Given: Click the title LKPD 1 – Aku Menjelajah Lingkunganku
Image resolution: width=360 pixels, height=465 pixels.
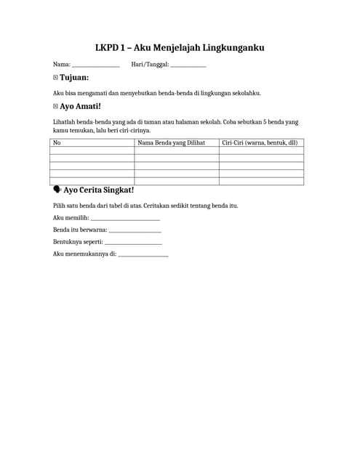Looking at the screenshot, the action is [x=180, y=48].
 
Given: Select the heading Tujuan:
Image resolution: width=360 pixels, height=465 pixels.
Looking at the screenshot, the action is [x=74, y=78].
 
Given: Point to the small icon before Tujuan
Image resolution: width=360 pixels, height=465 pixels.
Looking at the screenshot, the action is [x=56, y=77].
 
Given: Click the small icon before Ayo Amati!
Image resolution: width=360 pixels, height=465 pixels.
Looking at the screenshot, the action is [x=56, y=106].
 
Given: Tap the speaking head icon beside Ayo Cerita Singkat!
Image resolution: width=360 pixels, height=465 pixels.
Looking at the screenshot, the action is [x=57, y=190].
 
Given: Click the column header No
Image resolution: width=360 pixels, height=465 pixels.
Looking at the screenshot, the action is [x=56, y=142].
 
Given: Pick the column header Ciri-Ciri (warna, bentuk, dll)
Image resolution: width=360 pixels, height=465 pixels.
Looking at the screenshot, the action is [x=260, y=142].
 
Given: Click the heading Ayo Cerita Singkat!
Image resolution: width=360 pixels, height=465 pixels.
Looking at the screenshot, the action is [x=99, y=190].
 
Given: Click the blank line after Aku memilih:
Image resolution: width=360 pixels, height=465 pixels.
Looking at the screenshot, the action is [x=124, y=218].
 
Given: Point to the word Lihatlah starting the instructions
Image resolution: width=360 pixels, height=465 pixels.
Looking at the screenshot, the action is [x=64, y=121].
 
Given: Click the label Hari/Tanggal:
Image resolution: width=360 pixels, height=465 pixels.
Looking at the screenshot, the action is [x=150, y=65].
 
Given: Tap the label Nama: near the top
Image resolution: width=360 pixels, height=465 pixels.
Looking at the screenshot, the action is [x=61, y=65].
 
